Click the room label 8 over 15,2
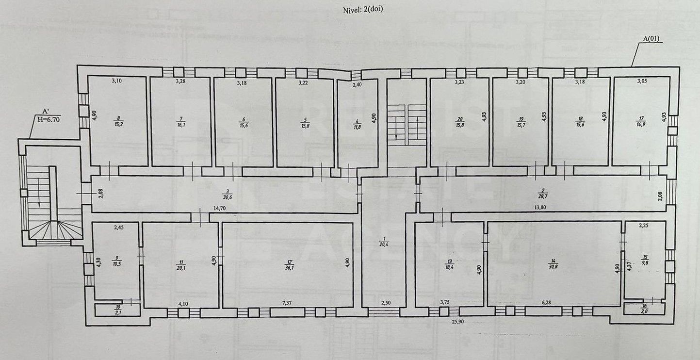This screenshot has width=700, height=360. [x=117, y=121]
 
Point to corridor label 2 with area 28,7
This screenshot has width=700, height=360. [x=544, y=194]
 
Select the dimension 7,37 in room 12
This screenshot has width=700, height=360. [x=287, y=303]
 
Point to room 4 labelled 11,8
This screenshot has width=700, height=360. [x=357, y=121]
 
